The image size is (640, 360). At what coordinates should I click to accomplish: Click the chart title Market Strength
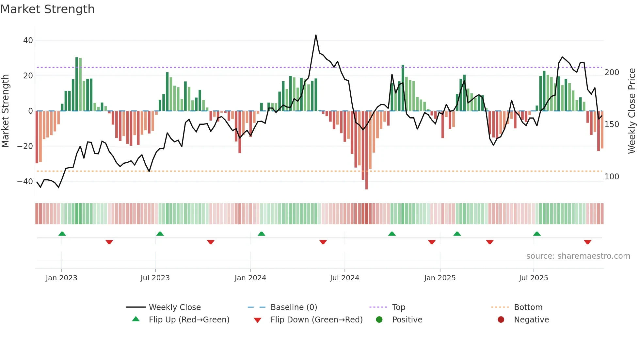pyautogui.click(x=47, y=9)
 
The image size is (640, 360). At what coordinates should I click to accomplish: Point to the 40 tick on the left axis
pyautogui.click(x=28, y=41)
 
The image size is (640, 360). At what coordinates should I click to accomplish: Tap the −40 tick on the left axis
pyautogui.click(x=25, y=182)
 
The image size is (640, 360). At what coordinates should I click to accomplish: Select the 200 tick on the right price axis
pyautogui.click(x=612, y=73)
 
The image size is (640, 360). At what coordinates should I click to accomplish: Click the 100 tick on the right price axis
pyautogui.click(x=612, y=177)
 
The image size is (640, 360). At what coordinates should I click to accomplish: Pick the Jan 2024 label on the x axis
pyautogui.click(x=250, y=278)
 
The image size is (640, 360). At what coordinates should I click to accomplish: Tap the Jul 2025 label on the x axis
pyautogui.click(x=533, y=278)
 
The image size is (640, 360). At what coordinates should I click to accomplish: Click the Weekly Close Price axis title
pyautogui.click(x=632, y=111)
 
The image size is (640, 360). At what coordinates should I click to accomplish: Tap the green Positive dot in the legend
pyautogui.click(x=379, y=320)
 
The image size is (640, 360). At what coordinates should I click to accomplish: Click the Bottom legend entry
pyautogui.click(x=528, y=307)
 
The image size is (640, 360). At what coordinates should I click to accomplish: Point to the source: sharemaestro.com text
pyautogui.click(x=578, y=256)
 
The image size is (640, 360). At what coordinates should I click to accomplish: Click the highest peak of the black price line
pyautogui.click(x=316, y=35)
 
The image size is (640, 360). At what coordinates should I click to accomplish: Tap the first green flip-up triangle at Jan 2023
pyautogui.click(x=62, y=234)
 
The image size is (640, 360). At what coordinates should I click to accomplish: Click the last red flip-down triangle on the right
pyautogui.click(x=587, y=242)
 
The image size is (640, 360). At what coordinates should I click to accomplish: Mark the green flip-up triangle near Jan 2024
pyautogui.click(x=261, y=234)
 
